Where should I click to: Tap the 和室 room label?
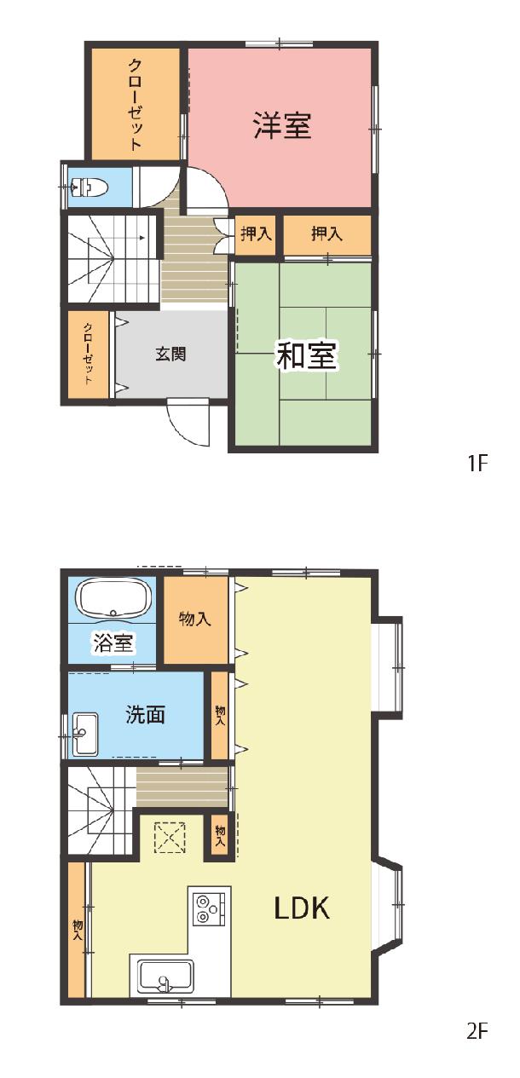point(307,355)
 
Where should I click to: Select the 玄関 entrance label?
point(170,355)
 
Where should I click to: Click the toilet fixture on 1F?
point(88,187)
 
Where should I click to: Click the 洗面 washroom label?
point(146,714)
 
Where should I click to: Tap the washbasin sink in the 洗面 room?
point(84,734)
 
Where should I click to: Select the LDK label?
point(302,908)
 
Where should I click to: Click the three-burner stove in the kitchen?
point(210,908)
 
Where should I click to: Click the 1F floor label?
point(477,464)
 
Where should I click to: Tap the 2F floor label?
point(477,1017)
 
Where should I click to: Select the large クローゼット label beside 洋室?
point(136,105)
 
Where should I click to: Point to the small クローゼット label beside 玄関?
point(88,354)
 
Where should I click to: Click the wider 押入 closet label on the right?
point(326,234)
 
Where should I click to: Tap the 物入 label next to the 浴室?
point(194,619)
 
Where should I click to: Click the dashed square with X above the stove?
point(170,838)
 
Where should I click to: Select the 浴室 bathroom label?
point(113,643)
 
